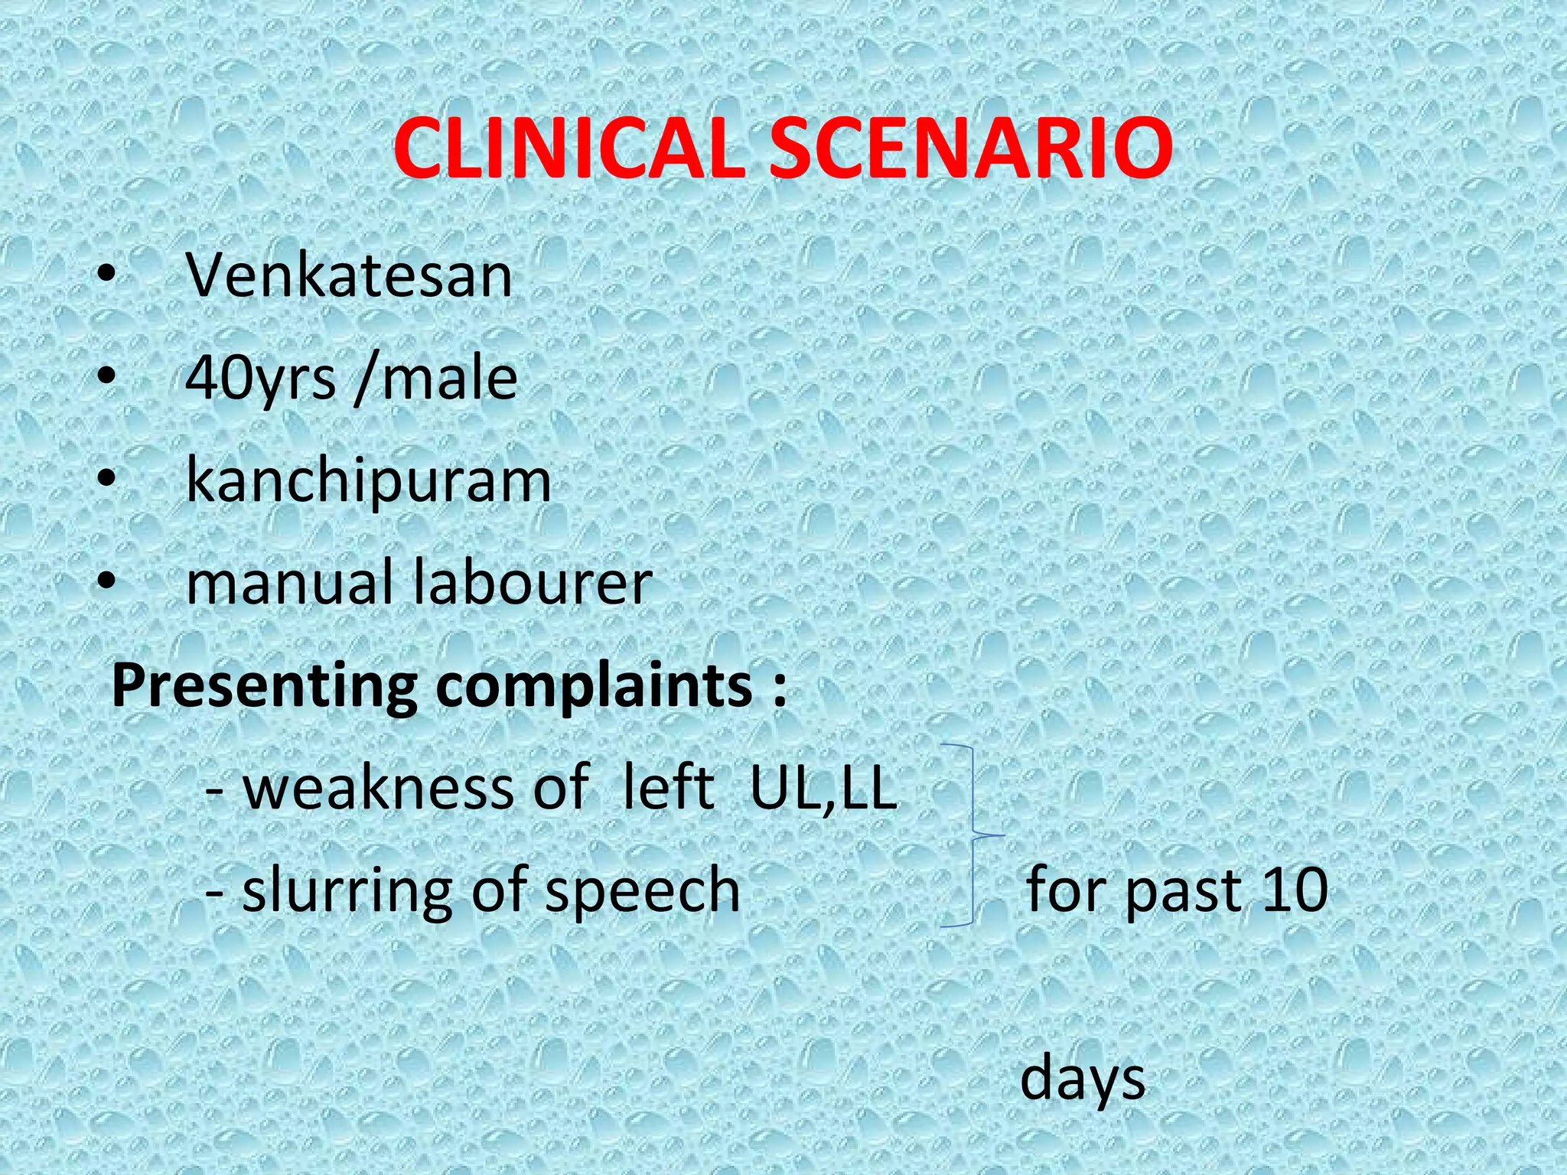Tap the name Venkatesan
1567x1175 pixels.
pyautogui.click(x=349, y=275)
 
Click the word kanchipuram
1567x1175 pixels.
pyautogui.click(x=368, y=482)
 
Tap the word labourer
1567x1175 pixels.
pyautogui.click(x=533, y=583)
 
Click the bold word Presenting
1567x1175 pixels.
pyautogui.click(x=265, y=685)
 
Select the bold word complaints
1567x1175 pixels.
pyautogui.click(x=594, y=685)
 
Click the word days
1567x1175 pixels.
pyautogui.click(x=1083, y=1077)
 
